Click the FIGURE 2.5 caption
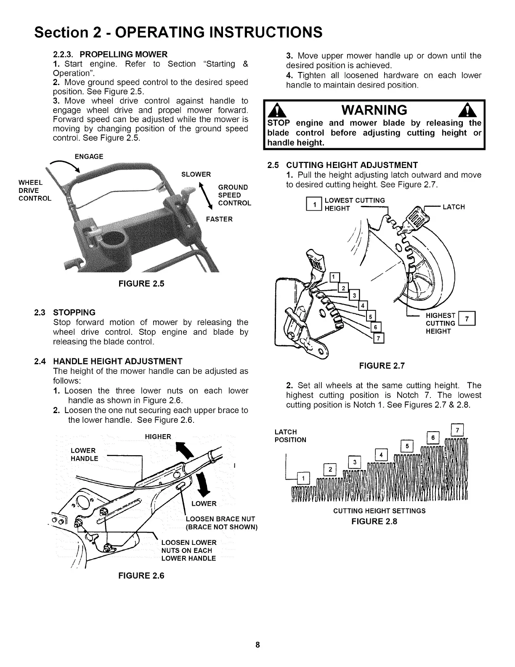(x=141, y=283)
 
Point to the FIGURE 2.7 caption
(x=382, y=366)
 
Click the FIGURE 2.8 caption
(x=374, y=521)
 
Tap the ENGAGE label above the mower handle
(x=89, y=157)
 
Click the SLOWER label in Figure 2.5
(x=196, y=174)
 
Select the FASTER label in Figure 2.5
(x=219, y=219)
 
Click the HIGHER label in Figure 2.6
(x=158, y=437)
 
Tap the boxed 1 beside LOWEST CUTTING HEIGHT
(x=313, y=205)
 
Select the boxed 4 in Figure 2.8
(x=381, y=455)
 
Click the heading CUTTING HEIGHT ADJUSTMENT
(x=351, y=165)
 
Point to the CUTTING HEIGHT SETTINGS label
(x=379, y=511)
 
